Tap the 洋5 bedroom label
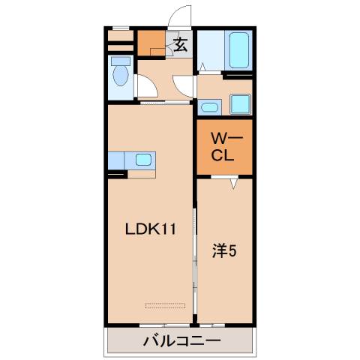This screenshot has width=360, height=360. point(223,252)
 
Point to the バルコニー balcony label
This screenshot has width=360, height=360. point(181,341)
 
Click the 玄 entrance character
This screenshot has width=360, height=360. point(181,46)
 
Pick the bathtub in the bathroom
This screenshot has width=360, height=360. point(239,50)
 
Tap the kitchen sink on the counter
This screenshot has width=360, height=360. point(142,160)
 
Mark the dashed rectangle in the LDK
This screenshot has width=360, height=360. point(165,304)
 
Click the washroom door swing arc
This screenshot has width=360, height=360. point(184,85)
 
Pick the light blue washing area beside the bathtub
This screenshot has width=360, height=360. point(211,50)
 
